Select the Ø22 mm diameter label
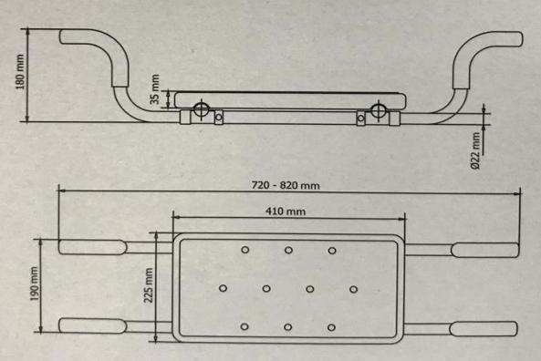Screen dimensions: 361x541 475,148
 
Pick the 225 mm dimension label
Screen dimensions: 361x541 147,284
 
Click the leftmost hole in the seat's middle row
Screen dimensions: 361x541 223,289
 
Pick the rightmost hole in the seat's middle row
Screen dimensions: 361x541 354,289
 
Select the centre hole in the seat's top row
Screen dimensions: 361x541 288,250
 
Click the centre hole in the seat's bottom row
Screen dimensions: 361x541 288,327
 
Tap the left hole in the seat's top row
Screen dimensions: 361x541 244,250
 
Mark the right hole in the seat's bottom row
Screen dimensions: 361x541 332,327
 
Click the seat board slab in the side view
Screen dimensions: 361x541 287,98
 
